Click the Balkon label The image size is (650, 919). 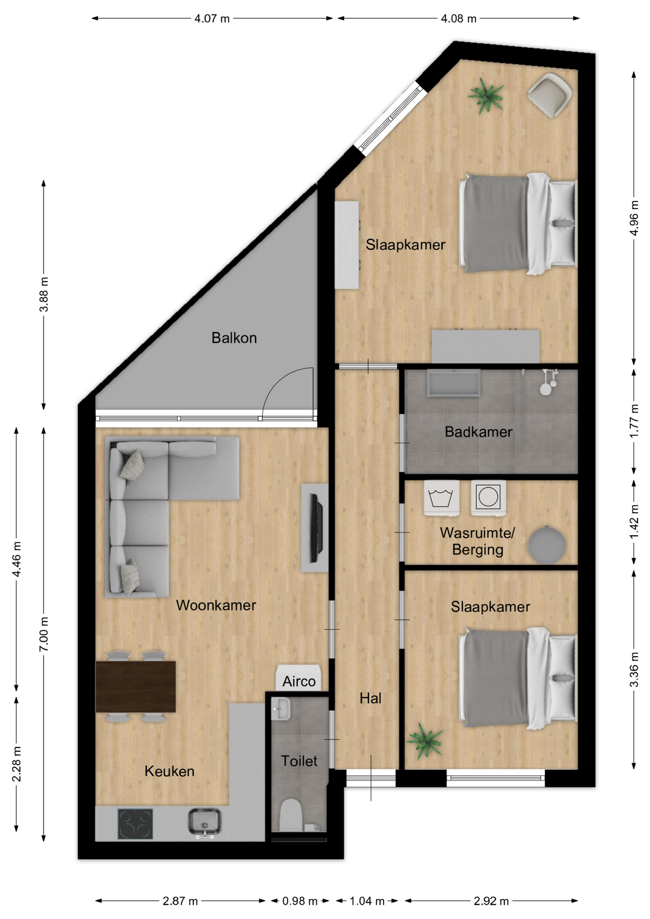[x=234, y=338]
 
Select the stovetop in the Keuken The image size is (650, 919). [x=135, y=824]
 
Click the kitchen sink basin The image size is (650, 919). [x=204, y=822]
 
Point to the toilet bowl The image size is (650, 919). [x=291, y=816]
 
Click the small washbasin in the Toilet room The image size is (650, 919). [x=280, y=708]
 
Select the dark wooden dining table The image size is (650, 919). [x=135, y=686]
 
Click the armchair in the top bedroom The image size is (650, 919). [x=549, y=95]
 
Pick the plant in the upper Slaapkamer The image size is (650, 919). [x=486, y=96]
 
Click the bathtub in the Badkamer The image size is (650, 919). [x=454, y=383]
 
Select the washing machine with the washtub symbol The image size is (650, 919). [x=441, y=498]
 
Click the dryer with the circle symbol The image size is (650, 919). [x=488, y=498]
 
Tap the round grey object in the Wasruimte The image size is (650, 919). [x=547, y=544]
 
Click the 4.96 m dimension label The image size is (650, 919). [x=634, y=218]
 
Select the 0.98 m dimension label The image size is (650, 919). [x=300, y=901]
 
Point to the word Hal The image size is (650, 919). [x=370, y=698]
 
